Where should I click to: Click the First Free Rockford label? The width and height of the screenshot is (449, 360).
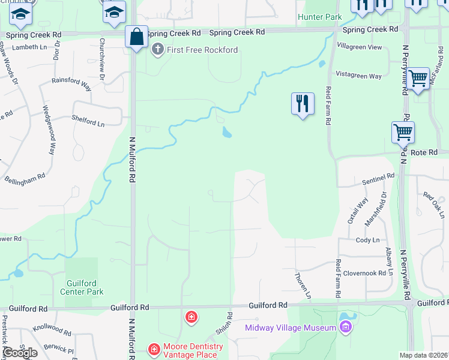pos(203,50)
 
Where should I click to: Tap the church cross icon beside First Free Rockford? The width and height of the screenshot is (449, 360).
pos(158,50)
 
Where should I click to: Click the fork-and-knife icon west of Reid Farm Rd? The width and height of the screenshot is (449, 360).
pos(303,104)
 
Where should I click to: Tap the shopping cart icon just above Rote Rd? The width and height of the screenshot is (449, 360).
pos(403,132)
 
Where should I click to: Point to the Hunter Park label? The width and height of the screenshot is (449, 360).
pos(319,17)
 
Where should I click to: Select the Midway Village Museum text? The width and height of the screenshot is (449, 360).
pos(291,328)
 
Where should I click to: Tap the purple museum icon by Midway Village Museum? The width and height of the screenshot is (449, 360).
pos(345,327)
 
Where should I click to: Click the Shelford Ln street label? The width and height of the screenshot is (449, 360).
pos(88,121)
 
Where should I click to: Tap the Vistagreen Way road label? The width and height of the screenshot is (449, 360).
pos(359,76)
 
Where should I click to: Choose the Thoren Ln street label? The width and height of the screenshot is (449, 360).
pos(303,285)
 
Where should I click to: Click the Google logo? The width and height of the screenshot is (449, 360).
pos(20,353)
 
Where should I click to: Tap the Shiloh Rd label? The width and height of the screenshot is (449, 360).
pos(223,324)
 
